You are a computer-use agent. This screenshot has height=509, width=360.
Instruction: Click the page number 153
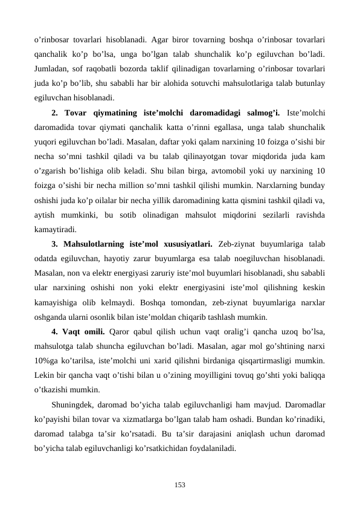point(180,484)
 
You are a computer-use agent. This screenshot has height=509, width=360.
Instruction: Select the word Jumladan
point(53,69)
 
